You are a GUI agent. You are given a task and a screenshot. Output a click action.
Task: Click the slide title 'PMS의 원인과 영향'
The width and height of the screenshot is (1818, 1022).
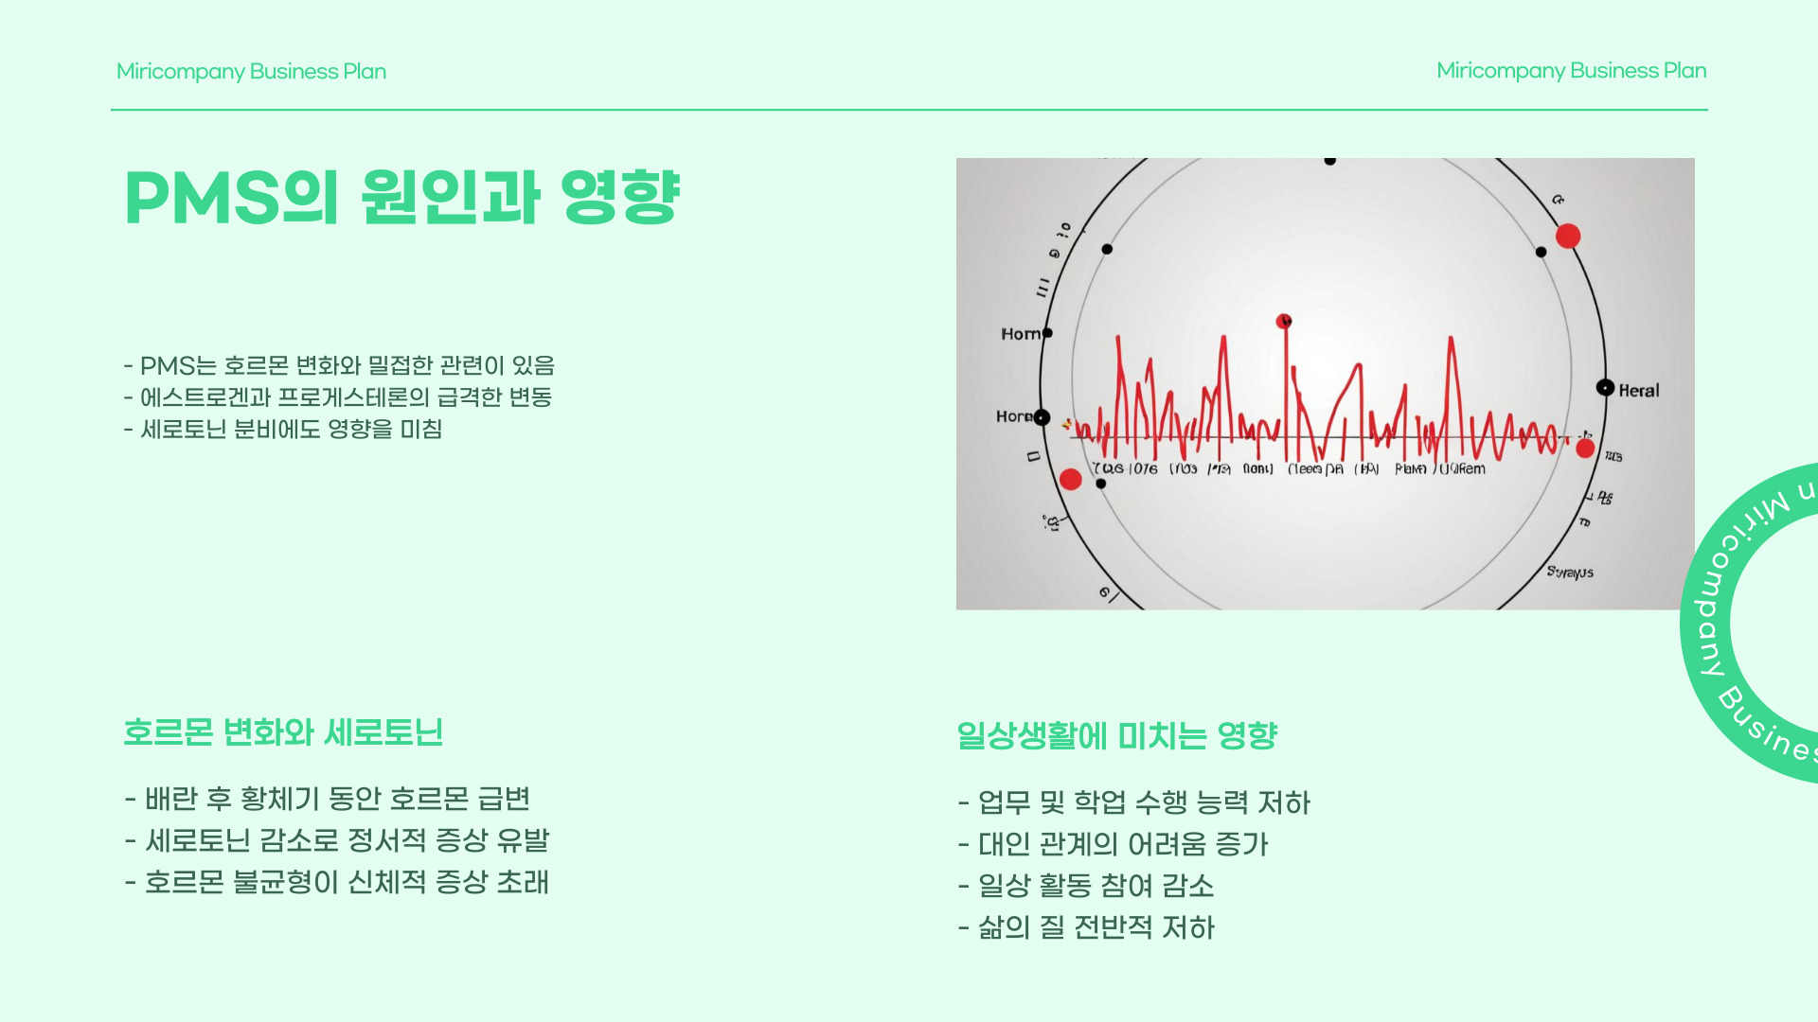[402, 198]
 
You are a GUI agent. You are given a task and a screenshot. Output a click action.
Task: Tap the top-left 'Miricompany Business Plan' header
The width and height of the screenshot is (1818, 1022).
[251, 72]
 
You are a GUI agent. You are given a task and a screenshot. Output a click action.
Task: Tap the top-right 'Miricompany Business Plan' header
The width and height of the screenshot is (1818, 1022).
[1571, 71]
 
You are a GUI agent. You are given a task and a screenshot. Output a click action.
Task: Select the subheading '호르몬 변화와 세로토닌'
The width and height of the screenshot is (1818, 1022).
[283, 732]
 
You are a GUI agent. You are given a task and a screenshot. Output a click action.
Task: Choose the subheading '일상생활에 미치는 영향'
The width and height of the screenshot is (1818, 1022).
[1116, 735]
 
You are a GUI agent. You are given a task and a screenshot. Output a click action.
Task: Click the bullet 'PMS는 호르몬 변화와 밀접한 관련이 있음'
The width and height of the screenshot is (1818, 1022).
[339, 365]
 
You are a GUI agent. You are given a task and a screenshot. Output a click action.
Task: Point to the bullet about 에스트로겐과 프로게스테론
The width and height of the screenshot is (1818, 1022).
[338, 397]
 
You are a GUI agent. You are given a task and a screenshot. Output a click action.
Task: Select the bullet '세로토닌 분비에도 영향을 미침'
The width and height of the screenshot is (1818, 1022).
[283, 430]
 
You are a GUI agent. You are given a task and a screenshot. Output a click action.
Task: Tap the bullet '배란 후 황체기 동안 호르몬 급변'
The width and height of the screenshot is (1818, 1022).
[328, 799]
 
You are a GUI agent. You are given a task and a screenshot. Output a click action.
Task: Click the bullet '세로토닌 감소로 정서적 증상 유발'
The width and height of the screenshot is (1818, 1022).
[337, 840]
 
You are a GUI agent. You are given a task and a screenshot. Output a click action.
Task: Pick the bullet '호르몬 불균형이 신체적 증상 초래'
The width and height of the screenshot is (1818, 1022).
[337, 882]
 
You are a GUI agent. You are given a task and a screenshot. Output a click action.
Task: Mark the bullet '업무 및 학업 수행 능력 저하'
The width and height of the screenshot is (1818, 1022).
[1134, 802]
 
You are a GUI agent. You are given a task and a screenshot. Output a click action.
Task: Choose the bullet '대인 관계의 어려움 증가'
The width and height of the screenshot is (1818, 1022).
[1114, 844]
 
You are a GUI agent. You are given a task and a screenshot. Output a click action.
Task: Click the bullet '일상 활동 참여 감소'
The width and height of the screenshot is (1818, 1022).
[1086, 886]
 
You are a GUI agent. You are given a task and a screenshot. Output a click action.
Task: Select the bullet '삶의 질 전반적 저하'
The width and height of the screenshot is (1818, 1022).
[1086, 927]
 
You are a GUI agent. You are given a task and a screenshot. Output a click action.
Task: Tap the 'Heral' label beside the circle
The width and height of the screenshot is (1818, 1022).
[1639, 391]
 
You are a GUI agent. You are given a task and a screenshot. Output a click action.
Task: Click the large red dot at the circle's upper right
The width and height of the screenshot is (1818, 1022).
[1568, 237]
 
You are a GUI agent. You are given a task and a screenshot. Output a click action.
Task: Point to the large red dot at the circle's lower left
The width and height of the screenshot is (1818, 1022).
[1071, 480]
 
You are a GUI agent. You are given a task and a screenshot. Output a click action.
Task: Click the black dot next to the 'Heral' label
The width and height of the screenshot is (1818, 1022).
[1605, 388]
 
